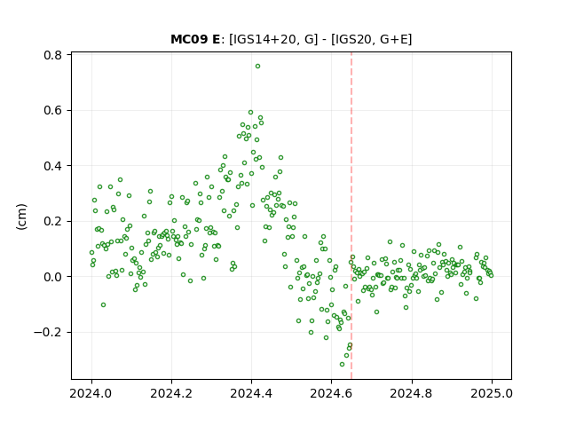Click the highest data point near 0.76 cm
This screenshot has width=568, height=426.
tap(257, 67)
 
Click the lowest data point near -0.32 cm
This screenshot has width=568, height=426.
tap(342, 364)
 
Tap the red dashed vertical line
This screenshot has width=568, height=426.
tap(351, 216)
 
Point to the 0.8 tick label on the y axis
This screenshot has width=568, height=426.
tap(53, 55)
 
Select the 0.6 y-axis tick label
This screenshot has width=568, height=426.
tap(53, 110)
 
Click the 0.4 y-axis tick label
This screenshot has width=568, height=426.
tap(53, 166)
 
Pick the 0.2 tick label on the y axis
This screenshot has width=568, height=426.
tap(53, 221)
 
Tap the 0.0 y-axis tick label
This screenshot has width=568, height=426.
tap(53, 277)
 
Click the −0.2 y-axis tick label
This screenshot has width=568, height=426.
tap(48, 333)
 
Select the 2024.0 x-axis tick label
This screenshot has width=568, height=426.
tap(91, 393)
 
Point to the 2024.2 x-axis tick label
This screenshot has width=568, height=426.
tap(171, 393)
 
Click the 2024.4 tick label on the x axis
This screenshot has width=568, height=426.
tap(251, 393)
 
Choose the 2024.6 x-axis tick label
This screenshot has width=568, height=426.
tap(331, 393)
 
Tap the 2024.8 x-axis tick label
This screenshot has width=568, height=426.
tap(412, 393)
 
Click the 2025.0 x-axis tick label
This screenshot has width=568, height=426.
tap(492, 393)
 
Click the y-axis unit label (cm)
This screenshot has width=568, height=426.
tap(21, 217)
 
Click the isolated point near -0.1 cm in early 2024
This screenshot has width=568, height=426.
tap(103, 305)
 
